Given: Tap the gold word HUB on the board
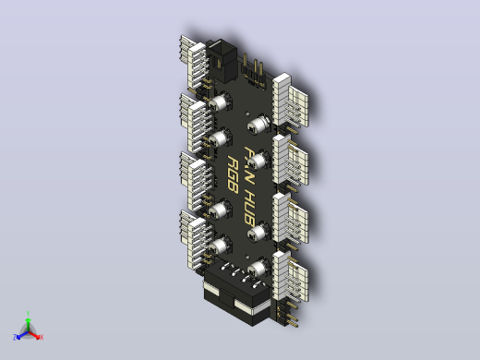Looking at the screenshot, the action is pyautogui.click(x=249, y=207).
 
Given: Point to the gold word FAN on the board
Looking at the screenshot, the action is pyautogui.click(x=249, y=164).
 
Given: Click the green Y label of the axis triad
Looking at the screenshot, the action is pyautogui.click(x=28, y=314).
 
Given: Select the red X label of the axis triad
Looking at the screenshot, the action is pyautogui.click(x=42, y=337).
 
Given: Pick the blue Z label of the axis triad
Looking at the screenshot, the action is pyautogui.click(x=15, y=337).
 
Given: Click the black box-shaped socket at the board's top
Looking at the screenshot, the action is pyautogui.click(x=222, y=60).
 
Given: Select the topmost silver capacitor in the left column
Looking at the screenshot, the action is pyautogui.click(x=221, y=102).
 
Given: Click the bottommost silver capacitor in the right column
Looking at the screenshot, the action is pyautogui.click(x=259, y=267).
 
